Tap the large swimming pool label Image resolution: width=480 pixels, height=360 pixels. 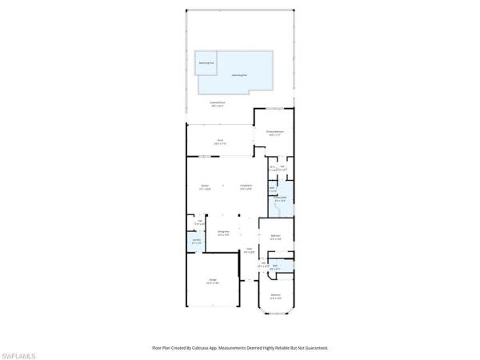pyautogui.click(x=238, y=75)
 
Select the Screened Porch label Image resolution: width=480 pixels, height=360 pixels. pyautogui.click(x=217, y=104)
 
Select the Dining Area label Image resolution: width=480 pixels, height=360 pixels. pyautogui.click(x=223, y=234)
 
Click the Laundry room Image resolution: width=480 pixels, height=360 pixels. pyautogui.click(x=196, y=241)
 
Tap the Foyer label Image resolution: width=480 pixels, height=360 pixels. pyautogui.click(x=249, y=251)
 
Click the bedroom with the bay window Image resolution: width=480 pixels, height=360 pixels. pyautogui.click(x=275, y=296)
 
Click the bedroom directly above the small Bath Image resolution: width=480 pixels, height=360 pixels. pyautogui.click(x=275, y=236)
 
